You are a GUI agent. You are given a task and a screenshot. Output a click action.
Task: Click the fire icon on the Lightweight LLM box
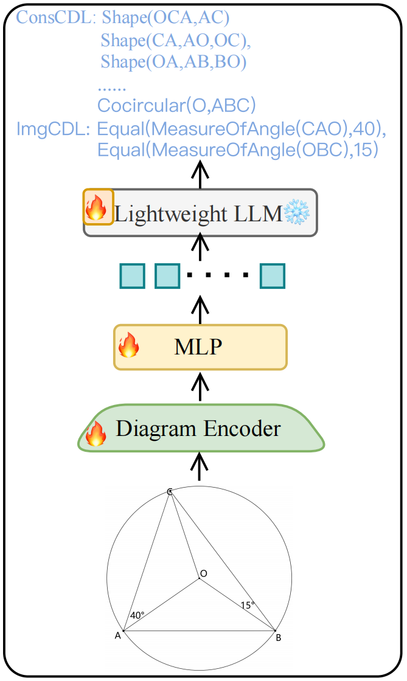tap(98, 207)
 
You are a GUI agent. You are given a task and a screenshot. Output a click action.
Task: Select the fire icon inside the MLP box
tap(128, 347)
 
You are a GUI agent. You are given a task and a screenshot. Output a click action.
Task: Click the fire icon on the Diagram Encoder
tap(96, 433)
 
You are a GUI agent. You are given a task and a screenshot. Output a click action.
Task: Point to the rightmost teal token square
tap(273, 275)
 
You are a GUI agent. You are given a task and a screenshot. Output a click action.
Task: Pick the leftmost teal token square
tap(132, 275)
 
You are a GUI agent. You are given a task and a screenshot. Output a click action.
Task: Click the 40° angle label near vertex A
tap(137, 615)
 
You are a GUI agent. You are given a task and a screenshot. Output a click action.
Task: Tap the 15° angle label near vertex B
tap(248, 605)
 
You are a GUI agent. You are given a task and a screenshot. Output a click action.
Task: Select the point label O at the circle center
tap(203, 573)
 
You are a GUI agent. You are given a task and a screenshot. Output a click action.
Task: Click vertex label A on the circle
tap(117, 636)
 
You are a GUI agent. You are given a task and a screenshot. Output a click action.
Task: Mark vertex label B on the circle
tap(278, 637)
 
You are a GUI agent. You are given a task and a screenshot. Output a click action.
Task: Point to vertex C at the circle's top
tap(170, 491)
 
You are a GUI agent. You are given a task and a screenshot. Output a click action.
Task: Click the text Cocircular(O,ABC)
tap(176, 105)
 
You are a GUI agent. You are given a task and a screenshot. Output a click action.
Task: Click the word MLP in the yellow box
tap(198, 347)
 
